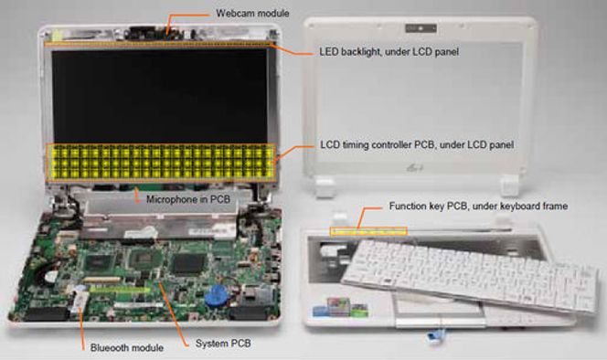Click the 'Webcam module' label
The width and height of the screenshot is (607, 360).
pos(252,14)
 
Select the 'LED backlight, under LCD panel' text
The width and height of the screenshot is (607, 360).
pos(389,51)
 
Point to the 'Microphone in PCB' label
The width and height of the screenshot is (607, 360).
pos(188,200)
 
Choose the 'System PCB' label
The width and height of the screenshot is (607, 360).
pos(223,344)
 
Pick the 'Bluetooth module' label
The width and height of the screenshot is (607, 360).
pos(126,347)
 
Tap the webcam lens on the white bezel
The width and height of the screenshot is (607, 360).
pos(421,28)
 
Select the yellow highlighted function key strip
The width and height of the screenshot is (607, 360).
pos(368,231)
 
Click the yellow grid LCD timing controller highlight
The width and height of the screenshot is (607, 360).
pos(161,163)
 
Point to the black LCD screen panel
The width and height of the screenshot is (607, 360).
pos(160,96)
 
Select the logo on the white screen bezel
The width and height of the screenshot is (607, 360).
pos(415,168)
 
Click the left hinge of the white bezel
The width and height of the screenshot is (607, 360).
pos(325,186)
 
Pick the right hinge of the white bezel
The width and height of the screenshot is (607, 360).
pos(508,185)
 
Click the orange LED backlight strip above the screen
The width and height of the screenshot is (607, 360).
pos(159,44)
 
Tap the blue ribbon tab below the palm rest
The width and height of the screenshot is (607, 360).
pos(434,336)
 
